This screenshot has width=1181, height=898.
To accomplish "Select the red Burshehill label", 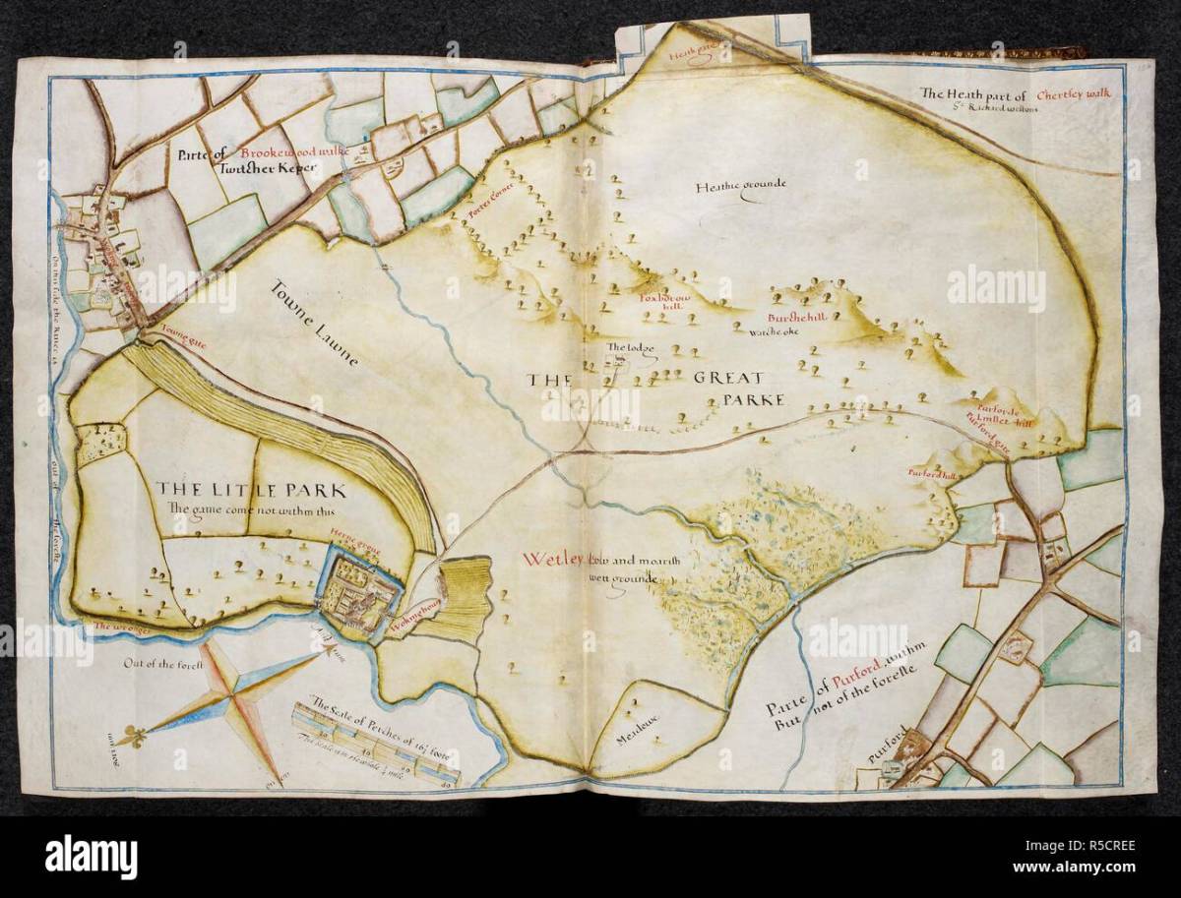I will pyautogui.click(x=797, y=319).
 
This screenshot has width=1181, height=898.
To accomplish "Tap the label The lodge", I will pyautogui.click(x=624, y=348).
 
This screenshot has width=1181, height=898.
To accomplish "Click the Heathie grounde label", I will pyautogui.click(x=742, y=187).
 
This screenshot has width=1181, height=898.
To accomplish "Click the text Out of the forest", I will pyautogui.click(x=162, y=666).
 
